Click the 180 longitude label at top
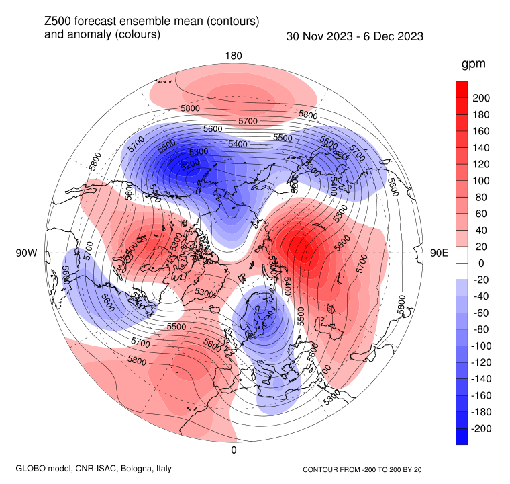(x=234, y=55)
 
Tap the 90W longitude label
(x=26, y=253)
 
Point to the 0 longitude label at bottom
(x=234, y=450)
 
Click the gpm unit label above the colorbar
(x=473, y=65)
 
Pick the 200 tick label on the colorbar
(x=482, y=98)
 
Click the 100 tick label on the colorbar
(x=482, y=181)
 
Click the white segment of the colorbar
(x=462, y=264)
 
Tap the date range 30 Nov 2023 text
(x=318, y=36)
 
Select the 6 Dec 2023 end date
(x=395, y=36)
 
